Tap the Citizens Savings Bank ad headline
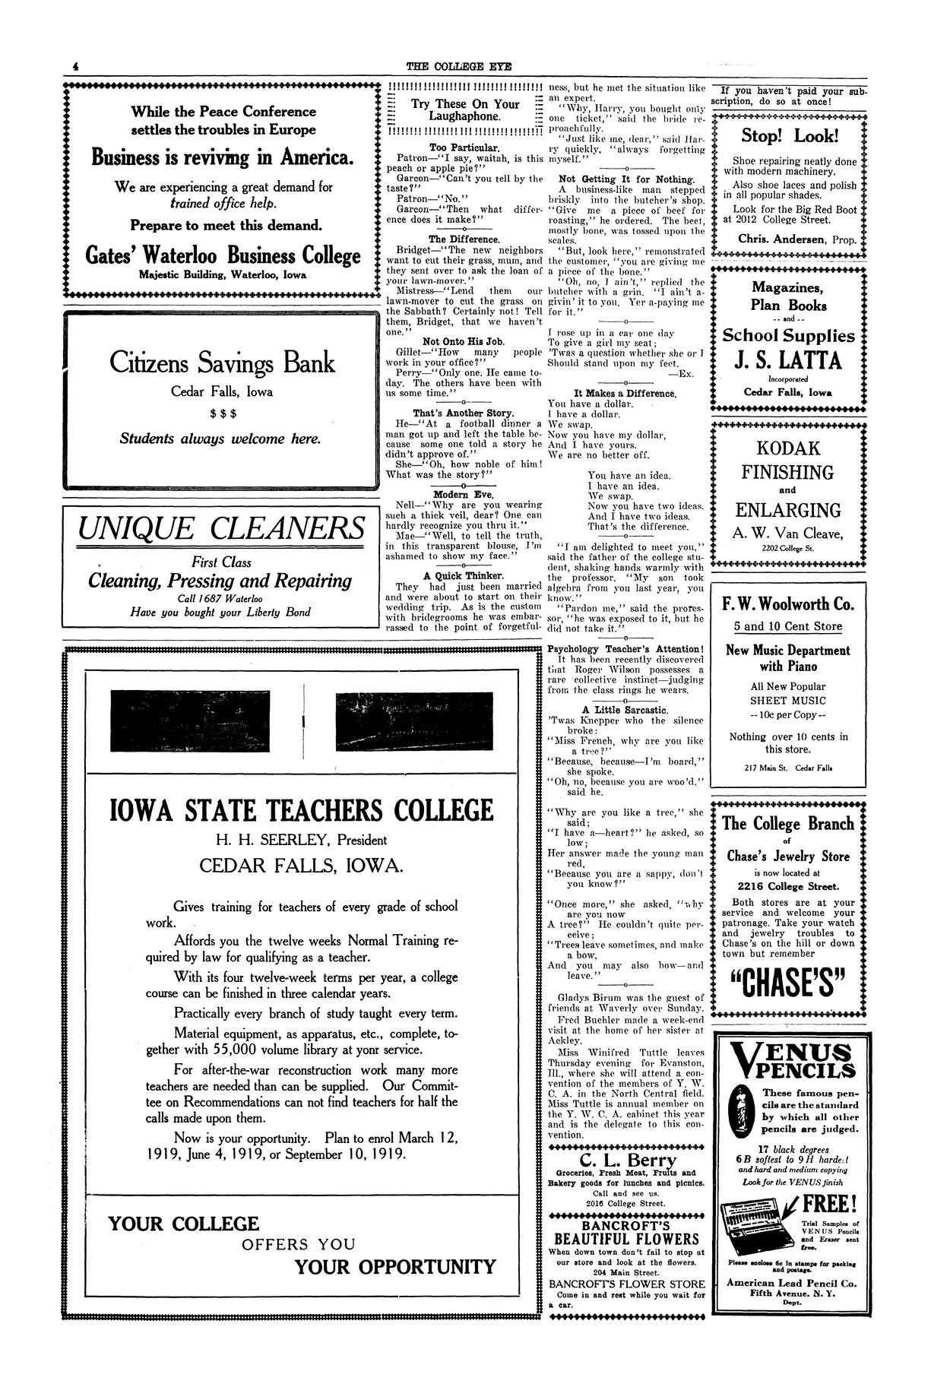[222, 363]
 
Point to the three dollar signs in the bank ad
[222, 413]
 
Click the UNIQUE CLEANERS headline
[221, 527]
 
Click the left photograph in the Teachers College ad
[205, 718]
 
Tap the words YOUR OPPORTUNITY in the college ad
[395, 1266]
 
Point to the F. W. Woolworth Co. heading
[788, 605]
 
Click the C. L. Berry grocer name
[627, 1161]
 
